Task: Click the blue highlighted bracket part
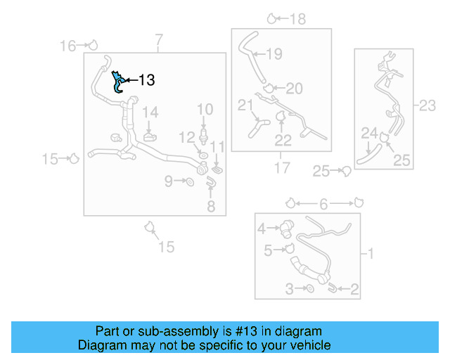[118, 82]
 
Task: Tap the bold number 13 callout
[146, 80]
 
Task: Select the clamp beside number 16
[91, 46]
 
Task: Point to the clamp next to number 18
[272, 18]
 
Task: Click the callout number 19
[274, 53]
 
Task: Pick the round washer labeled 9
[189, 183]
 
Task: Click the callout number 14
[150, 112]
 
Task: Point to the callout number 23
[427, 106]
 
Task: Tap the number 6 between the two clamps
[323, 204]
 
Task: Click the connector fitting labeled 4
[287, 228]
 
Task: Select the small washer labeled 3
[310, 289]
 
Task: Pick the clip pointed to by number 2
[331, 287]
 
